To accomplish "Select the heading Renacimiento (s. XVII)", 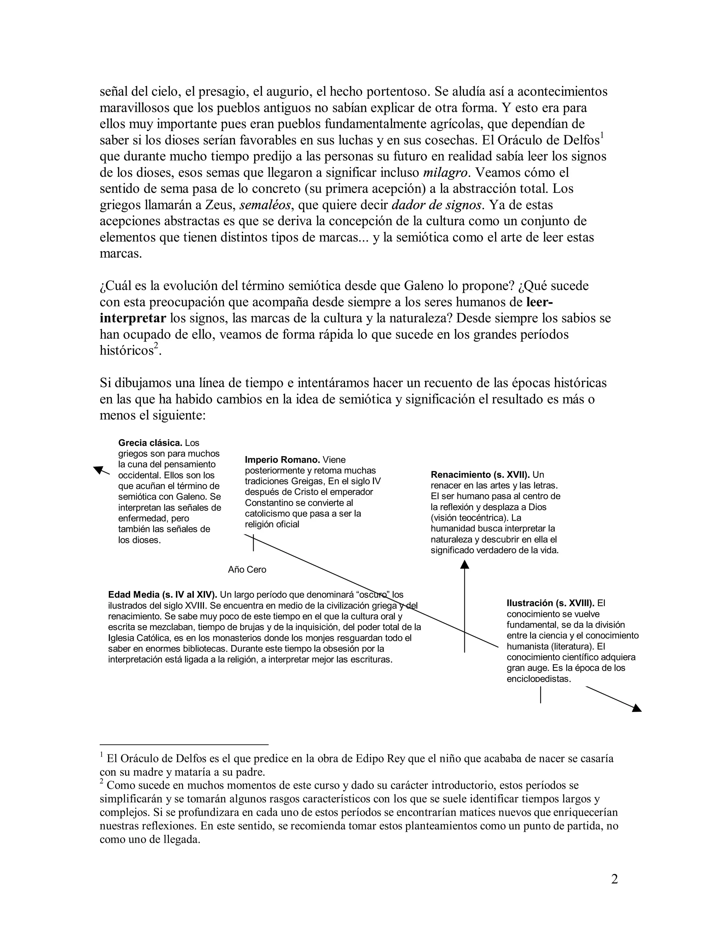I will tap(480, 475).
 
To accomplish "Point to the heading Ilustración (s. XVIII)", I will tap(550, 603).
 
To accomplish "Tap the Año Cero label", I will tap(247, 570).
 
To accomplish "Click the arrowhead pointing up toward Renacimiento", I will tap(465, 564).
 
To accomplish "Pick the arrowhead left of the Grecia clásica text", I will tap(98, 470).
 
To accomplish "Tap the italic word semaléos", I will tap(265, 205).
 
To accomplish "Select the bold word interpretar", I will tap(133, 318).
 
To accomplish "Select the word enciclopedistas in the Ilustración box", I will tap(538, 679).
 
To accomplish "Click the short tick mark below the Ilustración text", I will tap(540, 694).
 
